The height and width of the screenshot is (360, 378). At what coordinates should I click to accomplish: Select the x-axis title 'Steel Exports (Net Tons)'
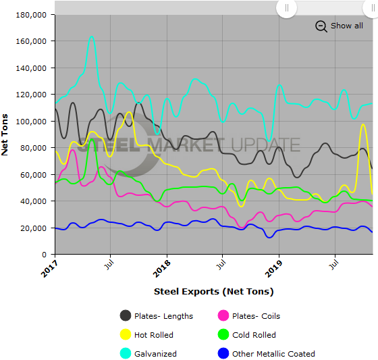tap(213, 292)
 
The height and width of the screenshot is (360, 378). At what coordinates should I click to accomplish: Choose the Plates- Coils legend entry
tap(256, 316)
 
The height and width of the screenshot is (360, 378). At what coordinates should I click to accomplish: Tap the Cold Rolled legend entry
tap(254, 335)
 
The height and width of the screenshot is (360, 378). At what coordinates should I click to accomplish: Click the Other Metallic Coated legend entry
tap(273, 354)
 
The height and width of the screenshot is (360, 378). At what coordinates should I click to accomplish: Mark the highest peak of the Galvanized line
tap(92, 37)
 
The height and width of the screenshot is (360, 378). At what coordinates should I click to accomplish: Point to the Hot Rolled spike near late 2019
tap(364, 125)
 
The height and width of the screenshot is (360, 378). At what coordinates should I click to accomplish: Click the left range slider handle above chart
tap(286, 8)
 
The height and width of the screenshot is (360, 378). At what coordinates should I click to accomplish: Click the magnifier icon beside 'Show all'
tap(321, 26)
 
